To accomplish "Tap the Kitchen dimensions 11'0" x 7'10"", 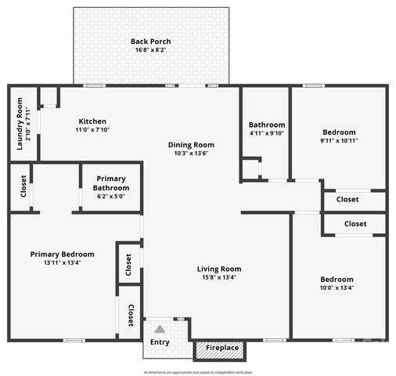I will pos(92,130).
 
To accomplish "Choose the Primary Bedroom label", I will pos(63,254).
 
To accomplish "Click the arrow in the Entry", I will pos(160,329).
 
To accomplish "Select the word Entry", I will pos(160,342).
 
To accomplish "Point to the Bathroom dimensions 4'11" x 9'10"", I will pos(267,134).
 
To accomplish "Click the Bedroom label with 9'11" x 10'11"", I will pos(338,132).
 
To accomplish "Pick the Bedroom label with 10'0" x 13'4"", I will pos(337,279).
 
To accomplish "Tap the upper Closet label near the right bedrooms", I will pos(347,199).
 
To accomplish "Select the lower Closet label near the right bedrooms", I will pos(355,224).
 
